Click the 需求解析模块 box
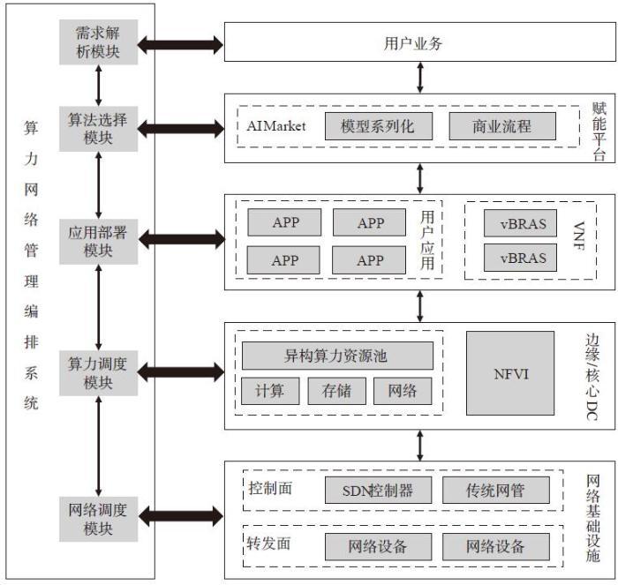pos(98,41)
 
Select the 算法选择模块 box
pos(98,128)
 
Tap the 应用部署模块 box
pos(98,239)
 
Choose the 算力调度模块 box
pos(98,371)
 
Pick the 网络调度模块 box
pos(98,520)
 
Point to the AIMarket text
pos(276,126)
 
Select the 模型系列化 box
pos(376,126)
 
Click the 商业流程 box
pos(501,126)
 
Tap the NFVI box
pos(510,373)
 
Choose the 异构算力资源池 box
pos(336,356)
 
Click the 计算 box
pos(270,391)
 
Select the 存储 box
pos(336,391)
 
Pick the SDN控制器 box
pos(377,490)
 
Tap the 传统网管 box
pos(495,490)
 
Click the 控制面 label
pos(270,488)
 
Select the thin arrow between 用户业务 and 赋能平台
pos(420,77)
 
